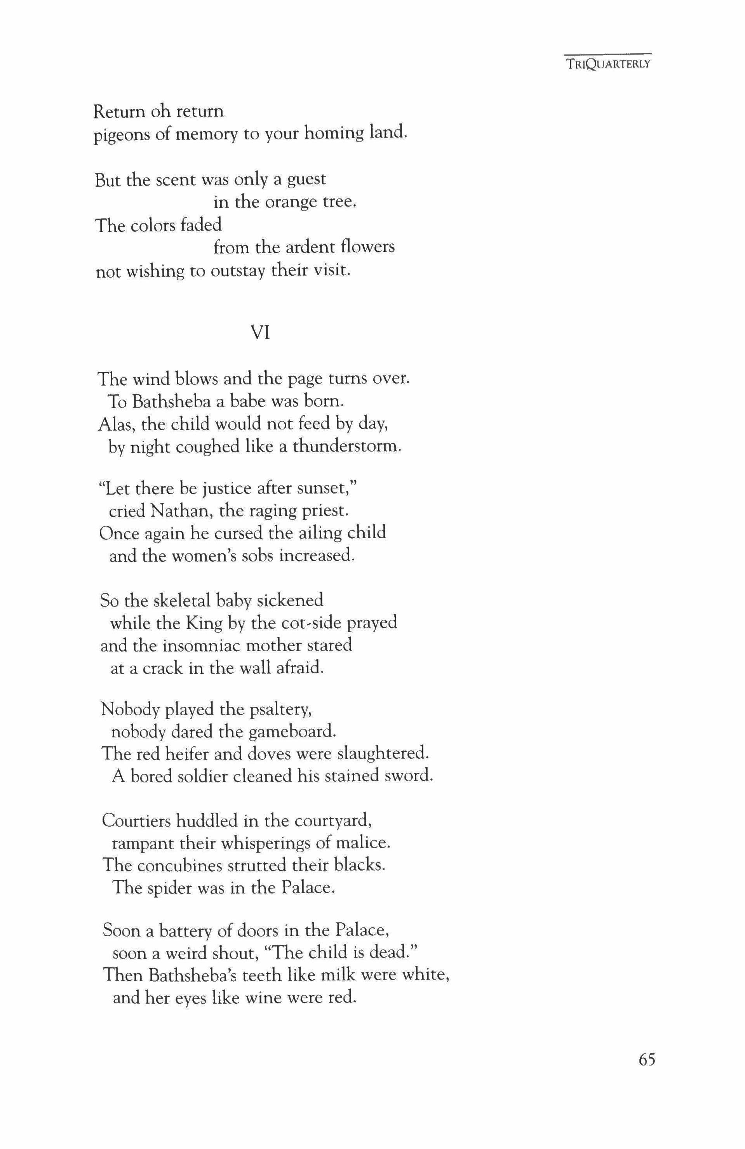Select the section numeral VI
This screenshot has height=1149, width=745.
coord(260,333)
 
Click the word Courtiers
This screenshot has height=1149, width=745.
coord(135,821)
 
